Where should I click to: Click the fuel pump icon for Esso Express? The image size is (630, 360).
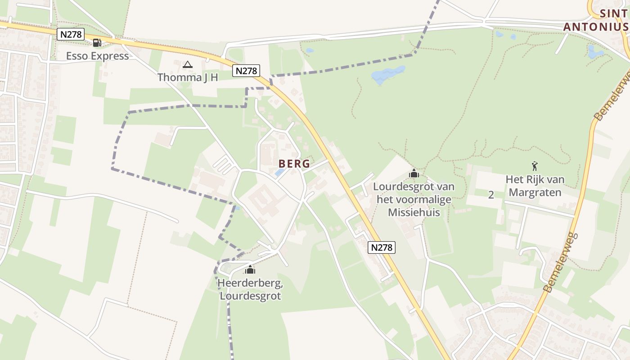click(97, 43)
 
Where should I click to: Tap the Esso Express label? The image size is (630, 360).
click(97, 56)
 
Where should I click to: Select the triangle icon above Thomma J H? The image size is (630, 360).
click(187, 65)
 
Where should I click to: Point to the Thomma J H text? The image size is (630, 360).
click(187, 77)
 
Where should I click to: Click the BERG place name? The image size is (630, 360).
click(294, 163)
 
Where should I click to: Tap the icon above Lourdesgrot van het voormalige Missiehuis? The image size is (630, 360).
click(414, 173)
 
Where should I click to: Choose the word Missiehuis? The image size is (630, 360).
click(414, 212)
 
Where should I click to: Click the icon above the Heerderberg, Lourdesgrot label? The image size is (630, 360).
click(250, 270)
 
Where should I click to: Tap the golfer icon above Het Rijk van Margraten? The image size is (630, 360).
click(535, 166)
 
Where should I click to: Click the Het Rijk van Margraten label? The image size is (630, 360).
click(535, 186)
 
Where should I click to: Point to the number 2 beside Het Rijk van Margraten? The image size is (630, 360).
click(491, 195)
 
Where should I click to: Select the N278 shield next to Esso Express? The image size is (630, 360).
click(71, 34)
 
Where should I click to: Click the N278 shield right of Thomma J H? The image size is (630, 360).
click(246, 71)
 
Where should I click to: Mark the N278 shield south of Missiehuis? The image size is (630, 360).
click(382, 247)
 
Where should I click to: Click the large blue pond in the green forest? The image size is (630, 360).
click(388, 75)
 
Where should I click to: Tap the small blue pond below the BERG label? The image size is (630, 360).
click(279, 172)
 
